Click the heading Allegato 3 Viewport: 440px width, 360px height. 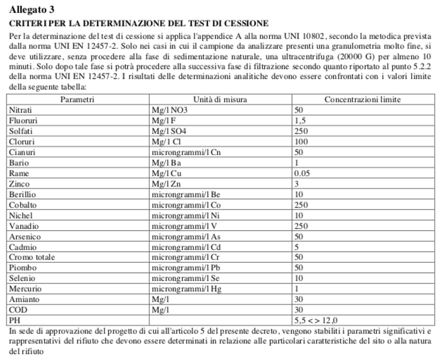click(32, 9)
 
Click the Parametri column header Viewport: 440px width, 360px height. click(77, 99)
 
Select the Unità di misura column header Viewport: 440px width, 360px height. click(220, 99)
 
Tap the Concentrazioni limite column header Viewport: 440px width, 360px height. click(362, 99)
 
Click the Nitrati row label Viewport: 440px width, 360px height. click(20, 110)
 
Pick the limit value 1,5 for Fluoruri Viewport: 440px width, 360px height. click(300, 121)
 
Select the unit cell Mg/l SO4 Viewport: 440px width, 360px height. click(169, 131)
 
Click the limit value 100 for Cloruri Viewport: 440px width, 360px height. click(301, 142)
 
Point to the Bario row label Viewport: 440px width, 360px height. click(19, 163)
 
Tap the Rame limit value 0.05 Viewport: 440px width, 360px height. click(302, 173)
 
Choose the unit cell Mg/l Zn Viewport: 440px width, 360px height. click(166, 184)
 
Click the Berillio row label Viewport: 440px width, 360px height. click(23, 194)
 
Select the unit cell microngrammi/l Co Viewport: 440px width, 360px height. click(186, 205)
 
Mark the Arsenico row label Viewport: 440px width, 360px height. click(25, 237)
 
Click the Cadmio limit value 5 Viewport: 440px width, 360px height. click(297, 247)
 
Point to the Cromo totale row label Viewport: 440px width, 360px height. click(32, 257)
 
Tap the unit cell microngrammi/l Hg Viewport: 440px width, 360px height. click(187, 289)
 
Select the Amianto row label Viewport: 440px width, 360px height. click(24, 299)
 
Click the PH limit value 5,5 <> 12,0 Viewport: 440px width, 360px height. click(316, 320)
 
